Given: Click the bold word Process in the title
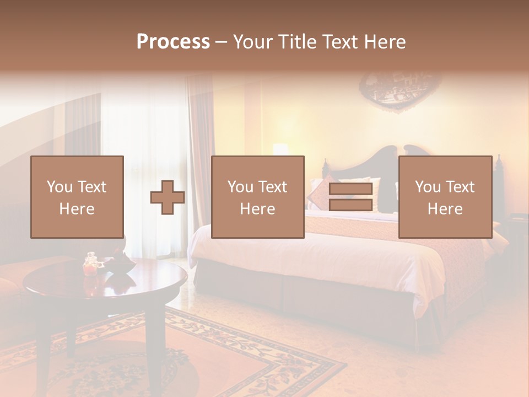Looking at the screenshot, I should pyautogui.click(x=173, y=42).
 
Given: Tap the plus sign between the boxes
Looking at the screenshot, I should pyautogui.click(x=168, y=197).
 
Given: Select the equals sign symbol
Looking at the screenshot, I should pyautogui.click(x=350, y=197).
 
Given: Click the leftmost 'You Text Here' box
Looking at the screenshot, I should pyautogui.click(x=77, y=197).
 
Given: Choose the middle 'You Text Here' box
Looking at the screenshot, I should pyautogui.click(x=258, y=197).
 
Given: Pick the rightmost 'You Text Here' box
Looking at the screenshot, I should pyautogui.click(x=445, y=197).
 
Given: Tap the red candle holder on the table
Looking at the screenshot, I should pyautogui.click(x=90, y=266).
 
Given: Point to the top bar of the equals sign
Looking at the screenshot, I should pyautogui.click(x=350, y=189).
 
